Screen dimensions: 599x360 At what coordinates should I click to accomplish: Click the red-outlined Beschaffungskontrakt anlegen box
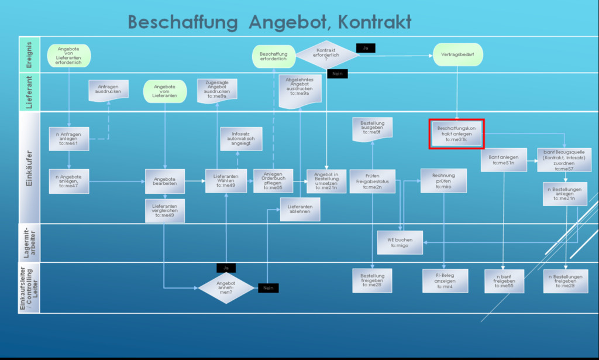(x=456, y=134)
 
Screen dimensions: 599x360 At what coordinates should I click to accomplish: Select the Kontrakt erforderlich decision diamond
(x=326, y=54)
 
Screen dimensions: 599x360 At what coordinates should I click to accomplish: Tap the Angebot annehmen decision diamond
(x=226, y=287)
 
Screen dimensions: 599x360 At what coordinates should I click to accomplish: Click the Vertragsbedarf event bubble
(x=458, y=54)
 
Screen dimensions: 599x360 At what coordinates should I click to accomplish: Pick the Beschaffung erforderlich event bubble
(x=274, y=56)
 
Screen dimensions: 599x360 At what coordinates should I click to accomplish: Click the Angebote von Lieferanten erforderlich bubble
(x=69, y=55)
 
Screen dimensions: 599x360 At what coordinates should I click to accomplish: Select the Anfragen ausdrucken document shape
(x=108, y=89)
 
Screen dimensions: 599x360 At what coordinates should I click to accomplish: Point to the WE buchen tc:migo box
(x=400, y=242)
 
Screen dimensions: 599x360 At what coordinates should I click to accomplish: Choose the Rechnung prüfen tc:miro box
(x=443, y=180)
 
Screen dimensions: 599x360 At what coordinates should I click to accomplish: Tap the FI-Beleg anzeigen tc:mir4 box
(x=445, y=280)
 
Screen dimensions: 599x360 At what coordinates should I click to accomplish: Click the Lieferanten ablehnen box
(x=300, y=209)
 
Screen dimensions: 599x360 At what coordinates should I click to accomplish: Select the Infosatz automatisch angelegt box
(x=240, y=139)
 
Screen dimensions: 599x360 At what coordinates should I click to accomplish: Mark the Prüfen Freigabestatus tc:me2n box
(x=372, y=181)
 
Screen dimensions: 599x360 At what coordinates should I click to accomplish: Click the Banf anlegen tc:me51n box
(x=503, y=160)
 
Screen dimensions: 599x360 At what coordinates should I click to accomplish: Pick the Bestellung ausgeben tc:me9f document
(x=372, y=128)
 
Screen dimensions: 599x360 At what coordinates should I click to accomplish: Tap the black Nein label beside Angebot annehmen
(x=268, y=288)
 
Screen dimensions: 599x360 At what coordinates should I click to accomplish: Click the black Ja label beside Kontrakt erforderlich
(x=365, y=48)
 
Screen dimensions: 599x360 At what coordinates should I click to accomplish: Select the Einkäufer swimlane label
(x=29, y=167)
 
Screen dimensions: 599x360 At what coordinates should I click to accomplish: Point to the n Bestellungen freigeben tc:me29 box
(x=565, y=280)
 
